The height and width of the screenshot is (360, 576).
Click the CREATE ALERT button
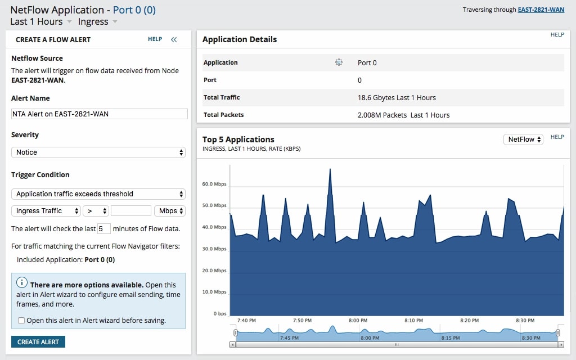[38, 342]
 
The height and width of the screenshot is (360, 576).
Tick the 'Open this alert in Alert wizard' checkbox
[21, 321]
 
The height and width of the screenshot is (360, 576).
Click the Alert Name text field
[99, 114]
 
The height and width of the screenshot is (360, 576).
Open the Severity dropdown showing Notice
[98, 152]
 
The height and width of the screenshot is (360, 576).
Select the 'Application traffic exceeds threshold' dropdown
[98, 194]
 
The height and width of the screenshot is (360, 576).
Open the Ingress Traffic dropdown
[46, 211]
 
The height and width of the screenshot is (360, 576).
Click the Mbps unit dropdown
[169, 211]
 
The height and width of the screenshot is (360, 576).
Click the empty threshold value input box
[131, 211]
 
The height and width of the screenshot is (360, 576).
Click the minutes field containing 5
[103, 229]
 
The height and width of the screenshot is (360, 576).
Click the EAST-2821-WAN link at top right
[541, 10]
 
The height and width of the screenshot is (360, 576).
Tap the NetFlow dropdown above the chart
[523, 139]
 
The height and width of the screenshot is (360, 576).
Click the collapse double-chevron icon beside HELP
[174, 39]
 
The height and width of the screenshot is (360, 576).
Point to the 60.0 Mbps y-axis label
[214, 184]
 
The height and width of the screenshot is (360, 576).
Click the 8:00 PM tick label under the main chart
[358, 321]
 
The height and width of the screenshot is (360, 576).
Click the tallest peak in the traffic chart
[330, 169]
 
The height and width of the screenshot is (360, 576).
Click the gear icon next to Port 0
[339, 62]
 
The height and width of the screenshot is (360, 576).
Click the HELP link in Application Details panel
[557, 35]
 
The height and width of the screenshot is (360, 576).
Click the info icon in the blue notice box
[22, 282]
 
